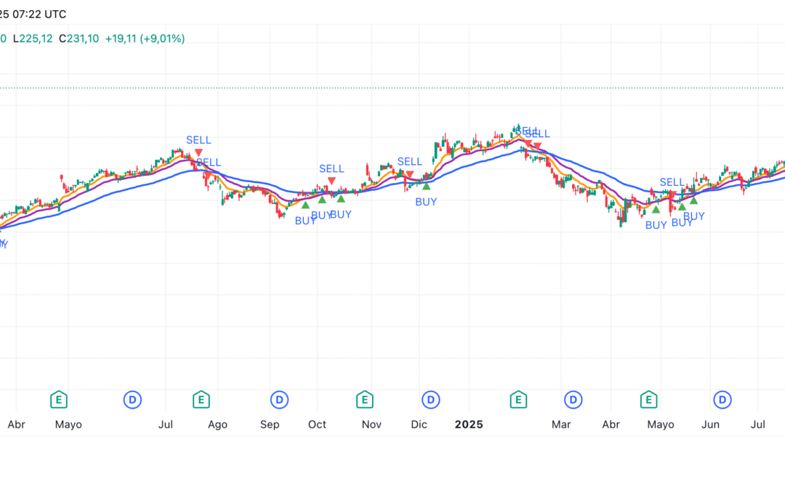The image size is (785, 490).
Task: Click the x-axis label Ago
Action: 217,425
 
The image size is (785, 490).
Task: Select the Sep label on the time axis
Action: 270,425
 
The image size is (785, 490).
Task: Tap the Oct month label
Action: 317,425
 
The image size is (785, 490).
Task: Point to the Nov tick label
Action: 371,425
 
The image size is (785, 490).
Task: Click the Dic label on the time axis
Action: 419,425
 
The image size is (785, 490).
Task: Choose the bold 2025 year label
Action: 469,425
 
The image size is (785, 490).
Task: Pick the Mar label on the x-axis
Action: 560,425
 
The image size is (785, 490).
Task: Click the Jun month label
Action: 710,425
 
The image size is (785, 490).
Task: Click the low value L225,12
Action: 33,38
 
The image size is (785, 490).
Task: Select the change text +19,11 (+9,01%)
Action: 145,38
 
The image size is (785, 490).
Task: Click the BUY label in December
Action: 426,202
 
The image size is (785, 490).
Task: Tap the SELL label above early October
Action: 331,168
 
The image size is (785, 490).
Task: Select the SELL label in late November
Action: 409,161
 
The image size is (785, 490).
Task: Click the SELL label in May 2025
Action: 672,182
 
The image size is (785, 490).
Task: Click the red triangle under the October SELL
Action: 331,180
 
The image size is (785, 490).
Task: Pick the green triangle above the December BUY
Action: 426,187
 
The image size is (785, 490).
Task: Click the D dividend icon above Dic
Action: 432,399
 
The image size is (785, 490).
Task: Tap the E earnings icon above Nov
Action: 365,399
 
